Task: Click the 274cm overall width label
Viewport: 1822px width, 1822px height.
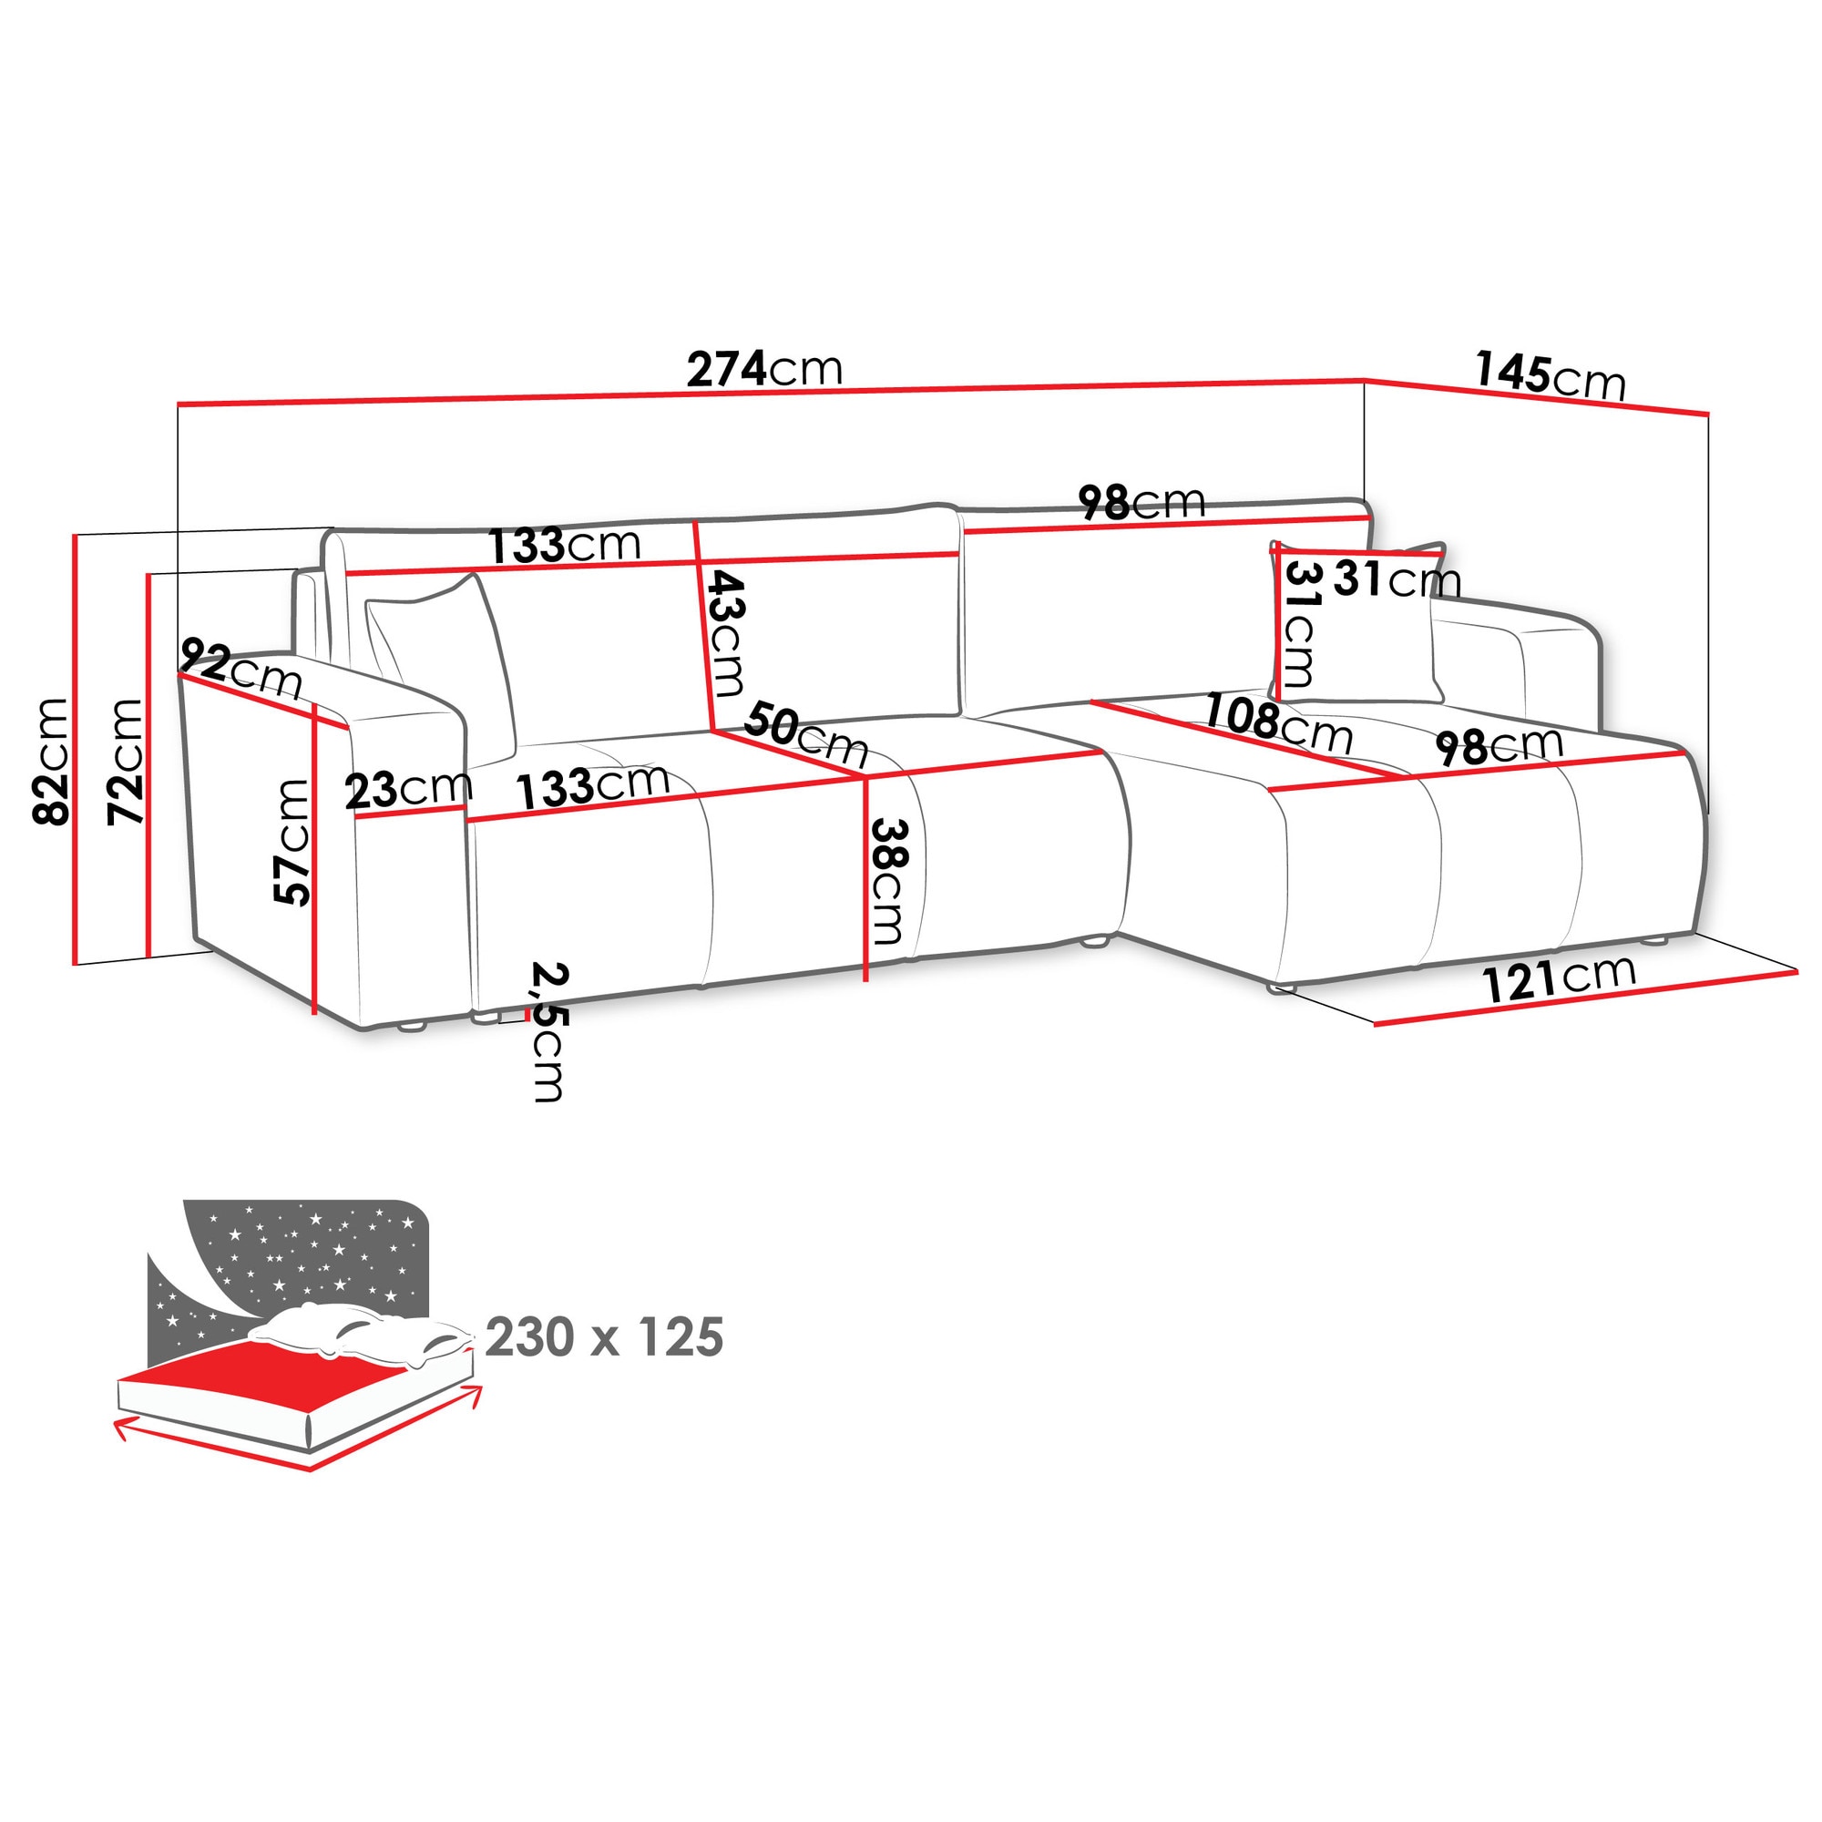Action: pos(764,369)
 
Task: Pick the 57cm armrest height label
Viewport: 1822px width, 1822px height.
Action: pos(292,842)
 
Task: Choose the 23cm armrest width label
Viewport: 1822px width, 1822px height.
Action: pos(408,789)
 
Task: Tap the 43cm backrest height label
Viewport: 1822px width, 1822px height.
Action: pos(726,633)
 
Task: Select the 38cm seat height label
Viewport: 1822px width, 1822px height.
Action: pos(888,882)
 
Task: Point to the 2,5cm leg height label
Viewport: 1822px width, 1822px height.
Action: pos(548,1030)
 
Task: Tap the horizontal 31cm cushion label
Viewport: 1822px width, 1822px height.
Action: pos(1397,580)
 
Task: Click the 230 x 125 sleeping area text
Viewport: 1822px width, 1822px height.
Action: pos(605,1336)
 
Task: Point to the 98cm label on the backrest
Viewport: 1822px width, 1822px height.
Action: pos(1142,502)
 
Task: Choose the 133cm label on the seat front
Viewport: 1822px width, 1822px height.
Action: pos(593,785)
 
